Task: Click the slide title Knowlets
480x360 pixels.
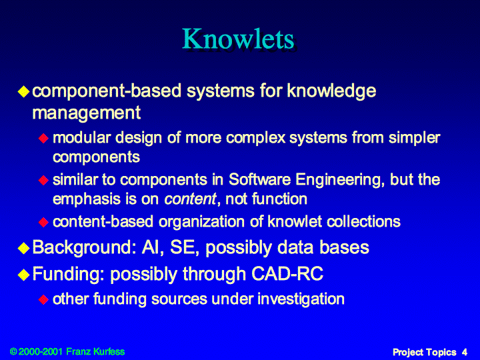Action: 239,39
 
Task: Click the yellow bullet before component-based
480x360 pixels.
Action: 23,91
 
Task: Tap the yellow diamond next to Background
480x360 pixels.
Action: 23,248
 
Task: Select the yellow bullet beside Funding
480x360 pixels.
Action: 23,274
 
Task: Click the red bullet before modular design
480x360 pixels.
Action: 44,139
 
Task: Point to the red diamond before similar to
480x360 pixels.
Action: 44,180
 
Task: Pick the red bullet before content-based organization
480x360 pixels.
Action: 44,222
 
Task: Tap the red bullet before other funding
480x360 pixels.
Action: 44,299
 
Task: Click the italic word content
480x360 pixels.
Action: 191,199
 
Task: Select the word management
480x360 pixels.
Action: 86,113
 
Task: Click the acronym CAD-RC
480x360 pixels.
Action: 287,273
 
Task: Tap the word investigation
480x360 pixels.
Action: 301,299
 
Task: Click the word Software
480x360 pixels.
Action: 259,179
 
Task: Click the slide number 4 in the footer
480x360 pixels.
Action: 465,353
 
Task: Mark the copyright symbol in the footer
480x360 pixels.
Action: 13,351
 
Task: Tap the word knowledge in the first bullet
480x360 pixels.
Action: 331,91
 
